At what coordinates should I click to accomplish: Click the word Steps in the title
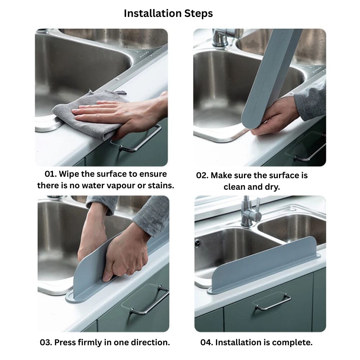pos(195,14)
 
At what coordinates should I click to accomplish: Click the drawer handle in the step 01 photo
pos(138,140)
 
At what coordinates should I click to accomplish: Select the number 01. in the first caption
pos(51,174)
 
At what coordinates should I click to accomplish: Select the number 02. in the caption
pos(202,175)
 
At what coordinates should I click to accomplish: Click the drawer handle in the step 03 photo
pos(149,301)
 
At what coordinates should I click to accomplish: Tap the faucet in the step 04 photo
pos(250,212)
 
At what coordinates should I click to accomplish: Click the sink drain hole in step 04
pos(197,243)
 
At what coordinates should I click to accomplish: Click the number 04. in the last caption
pos(207,343)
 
